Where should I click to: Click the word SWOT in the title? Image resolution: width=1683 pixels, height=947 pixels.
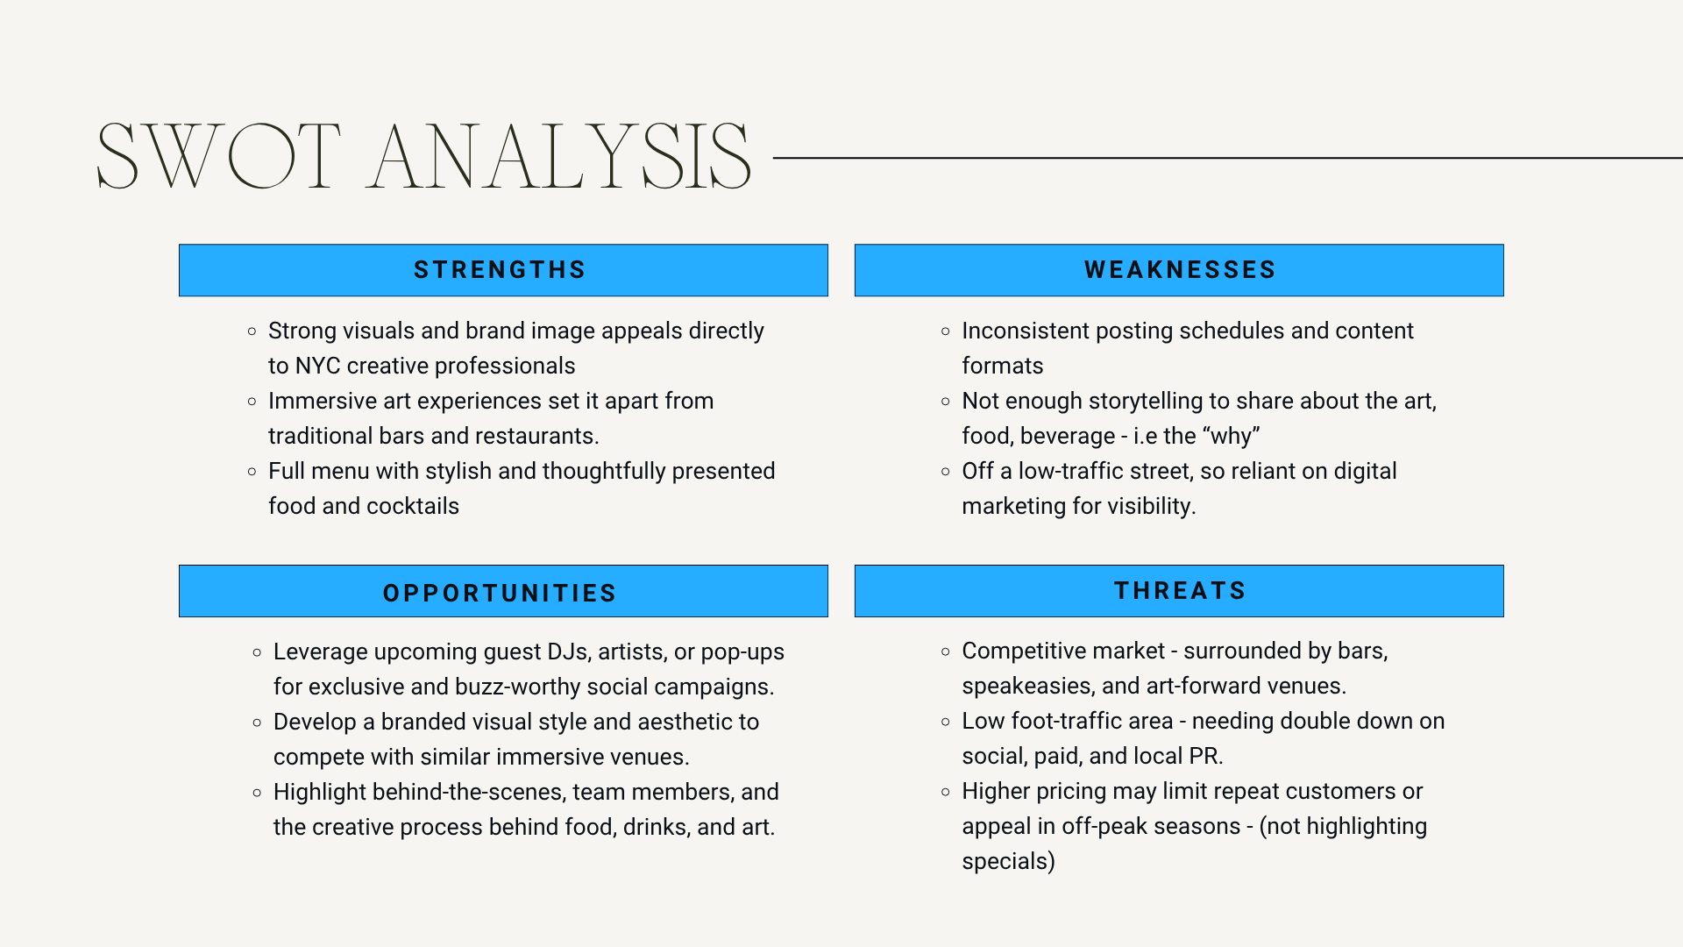click(218, 156)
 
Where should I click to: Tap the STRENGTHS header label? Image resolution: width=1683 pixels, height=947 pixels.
click(500, 270)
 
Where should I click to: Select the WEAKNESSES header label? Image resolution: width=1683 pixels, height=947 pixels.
click(1180, 270)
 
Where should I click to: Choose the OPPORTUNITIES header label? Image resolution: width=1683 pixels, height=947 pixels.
click(500, 594)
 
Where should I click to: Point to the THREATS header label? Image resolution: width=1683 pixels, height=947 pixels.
click(1180, 591)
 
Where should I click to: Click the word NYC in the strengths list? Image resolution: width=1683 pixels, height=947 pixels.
click(317, 366)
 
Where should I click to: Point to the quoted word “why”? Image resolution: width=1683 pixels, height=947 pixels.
click(1232, 436)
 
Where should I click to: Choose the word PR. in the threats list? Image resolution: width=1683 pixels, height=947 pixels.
click(1206, 756)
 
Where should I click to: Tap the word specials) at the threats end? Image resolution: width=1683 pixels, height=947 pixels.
click(1008, 862)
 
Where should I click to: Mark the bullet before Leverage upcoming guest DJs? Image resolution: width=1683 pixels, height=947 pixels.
click(257, 652)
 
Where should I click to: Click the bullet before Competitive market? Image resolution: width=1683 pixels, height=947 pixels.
click(945, 652)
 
